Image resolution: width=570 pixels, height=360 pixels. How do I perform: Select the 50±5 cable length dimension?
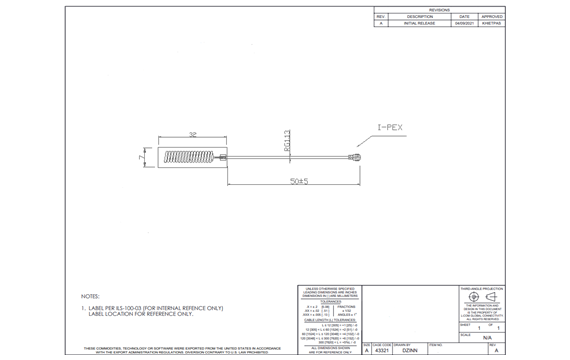click(298, 181)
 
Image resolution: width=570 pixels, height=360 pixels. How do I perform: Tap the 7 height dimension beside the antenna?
click(141, 158)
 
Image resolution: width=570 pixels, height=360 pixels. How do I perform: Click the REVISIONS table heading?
click(439, 8)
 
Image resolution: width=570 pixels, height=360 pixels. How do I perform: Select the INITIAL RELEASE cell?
click(419, 23)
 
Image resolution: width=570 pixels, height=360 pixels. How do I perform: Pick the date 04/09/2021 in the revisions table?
click(464, 23)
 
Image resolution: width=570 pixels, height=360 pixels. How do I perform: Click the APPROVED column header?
click(492, 16)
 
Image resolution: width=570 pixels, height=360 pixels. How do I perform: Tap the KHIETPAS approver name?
click(492, 23)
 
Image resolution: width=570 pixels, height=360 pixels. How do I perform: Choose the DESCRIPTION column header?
click(419, 16)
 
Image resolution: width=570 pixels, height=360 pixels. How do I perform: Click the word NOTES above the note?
click(90, 296)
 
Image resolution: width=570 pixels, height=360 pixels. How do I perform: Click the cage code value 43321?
click(368, 351)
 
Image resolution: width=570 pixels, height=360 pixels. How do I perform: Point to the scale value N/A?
click(486, 339)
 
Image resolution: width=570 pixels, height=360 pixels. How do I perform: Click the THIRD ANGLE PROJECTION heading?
click(485, 288)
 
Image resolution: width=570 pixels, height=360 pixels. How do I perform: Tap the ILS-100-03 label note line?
click(152, 308)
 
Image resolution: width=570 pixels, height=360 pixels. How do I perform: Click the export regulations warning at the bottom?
click(176, 350)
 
